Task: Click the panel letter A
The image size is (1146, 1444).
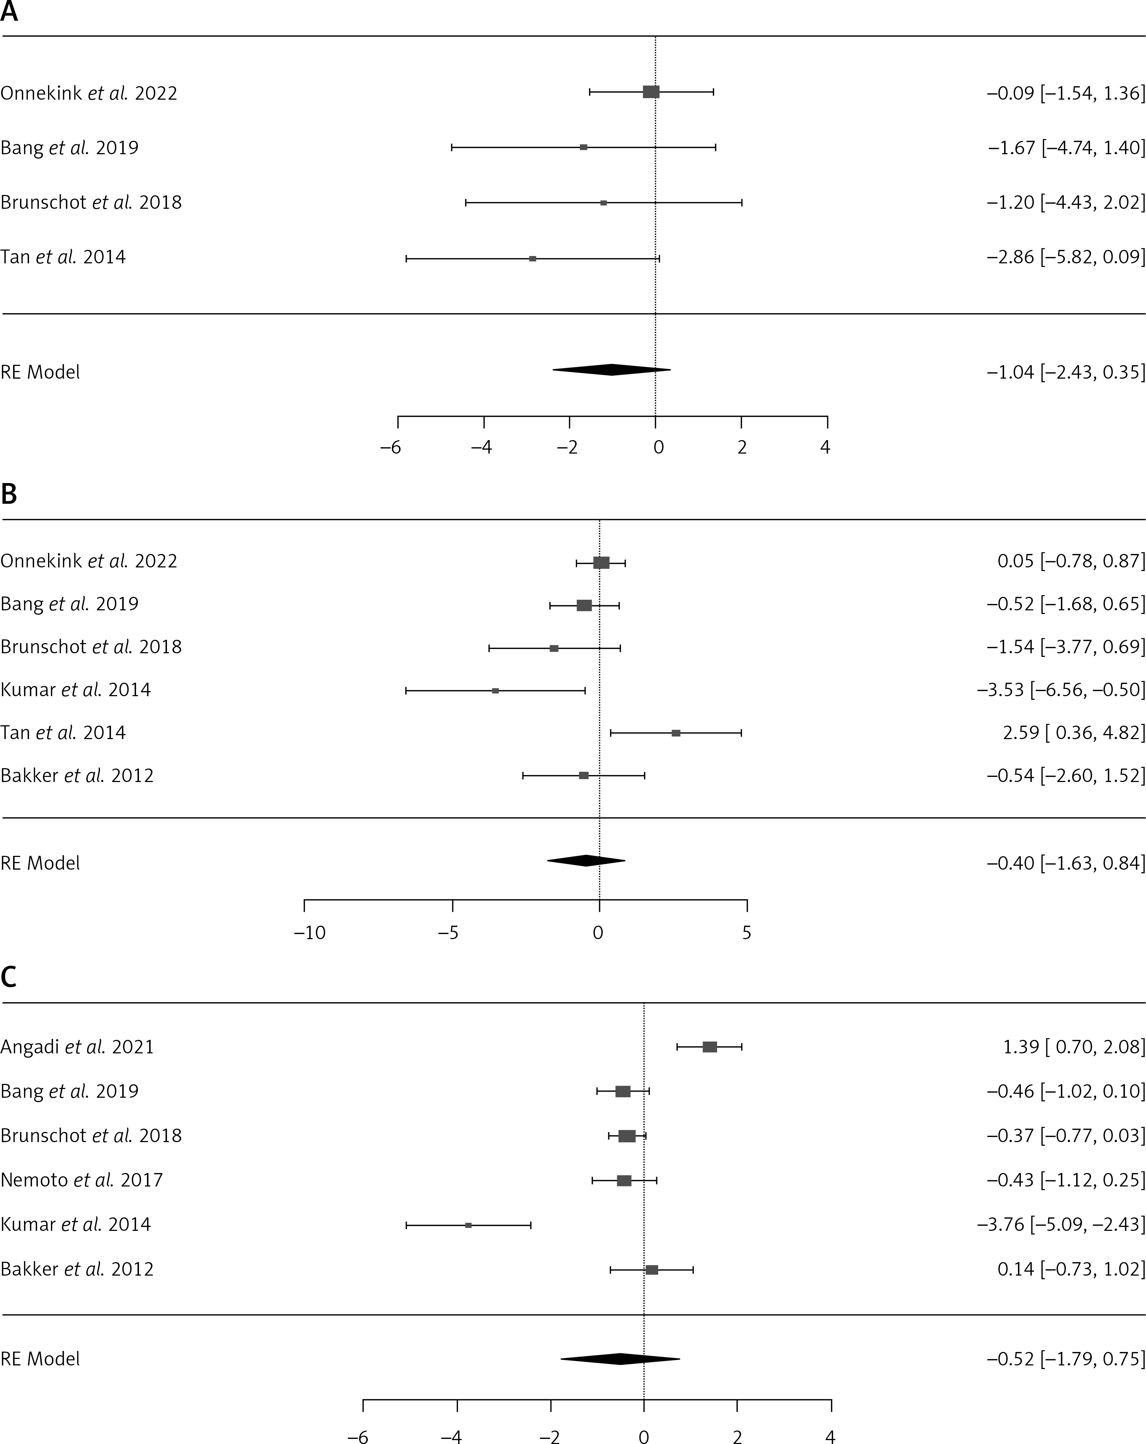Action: point(9,12)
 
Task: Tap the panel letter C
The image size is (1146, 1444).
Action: point(9,978)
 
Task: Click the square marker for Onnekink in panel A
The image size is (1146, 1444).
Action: point(651,92)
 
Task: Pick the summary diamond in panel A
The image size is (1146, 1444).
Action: point(612,370)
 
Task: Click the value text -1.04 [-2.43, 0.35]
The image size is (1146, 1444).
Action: point(1066,372)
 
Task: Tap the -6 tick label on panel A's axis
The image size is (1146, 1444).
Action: point(390,447)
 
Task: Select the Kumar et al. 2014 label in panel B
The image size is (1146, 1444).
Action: point(76,689)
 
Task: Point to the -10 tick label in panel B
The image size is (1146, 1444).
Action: point(310,933)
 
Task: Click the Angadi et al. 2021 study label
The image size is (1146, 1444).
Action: point(77,1047)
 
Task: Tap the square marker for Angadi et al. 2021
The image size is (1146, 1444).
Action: point(709,1047)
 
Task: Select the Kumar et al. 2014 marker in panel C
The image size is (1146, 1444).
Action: point(468,1225)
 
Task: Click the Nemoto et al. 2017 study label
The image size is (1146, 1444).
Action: point(82,1180)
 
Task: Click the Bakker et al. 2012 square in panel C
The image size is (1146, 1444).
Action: point(652,1270)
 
